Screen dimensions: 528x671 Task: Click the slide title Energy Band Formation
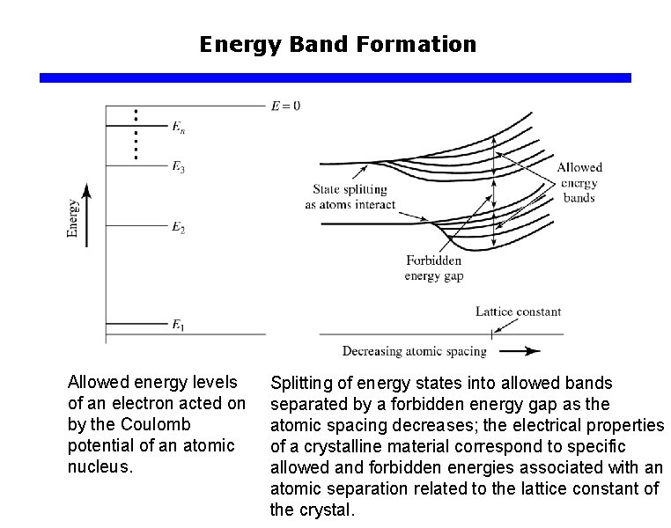coord(337,44)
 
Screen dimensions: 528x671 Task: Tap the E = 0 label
coord(285,106)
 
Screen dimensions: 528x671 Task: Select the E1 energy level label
coord(178,326)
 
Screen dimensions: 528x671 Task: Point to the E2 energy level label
coord(178,228)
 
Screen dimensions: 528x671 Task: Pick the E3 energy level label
coord(178,166)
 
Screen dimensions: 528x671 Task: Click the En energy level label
coord(178,128)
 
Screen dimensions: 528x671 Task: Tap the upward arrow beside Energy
coord(86,214)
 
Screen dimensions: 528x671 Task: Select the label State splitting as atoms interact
coord(350,197)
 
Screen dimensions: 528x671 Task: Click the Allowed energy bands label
coord(579,182)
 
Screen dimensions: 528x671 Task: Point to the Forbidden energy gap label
coord(433,268)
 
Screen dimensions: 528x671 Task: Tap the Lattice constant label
coord(518,312)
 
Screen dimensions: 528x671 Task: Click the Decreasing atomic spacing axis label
coord(414,351)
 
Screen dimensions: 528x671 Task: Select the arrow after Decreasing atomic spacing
coord(526,351)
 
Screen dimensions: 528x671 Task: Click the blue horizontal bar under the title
coord(335,77)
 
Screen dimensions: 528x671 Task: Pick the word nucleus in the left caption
coord(99,466)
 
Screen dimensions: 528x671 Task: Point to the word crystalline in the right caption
coord(324,446)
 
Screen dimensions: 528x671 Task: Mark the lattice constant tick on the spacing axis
coord(490,334)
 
